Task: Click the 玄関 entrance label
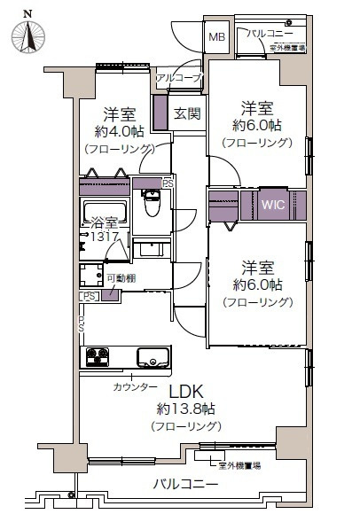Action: pos(186,113)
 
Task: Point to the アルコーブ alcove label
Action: pos(178,79)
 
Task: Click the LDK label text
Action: pos(186,390)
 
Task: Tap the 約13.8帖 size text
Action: pos(186,409)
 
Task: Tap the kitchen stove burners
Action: pos(97,358)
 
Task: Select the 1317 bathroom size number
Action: pos(104,237)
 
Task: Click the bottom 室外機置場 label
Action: pos(239,464)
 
